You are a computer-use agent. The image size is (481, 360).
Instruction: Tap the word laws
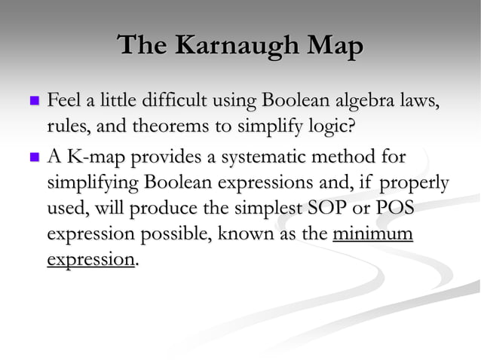click(419, 99)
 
